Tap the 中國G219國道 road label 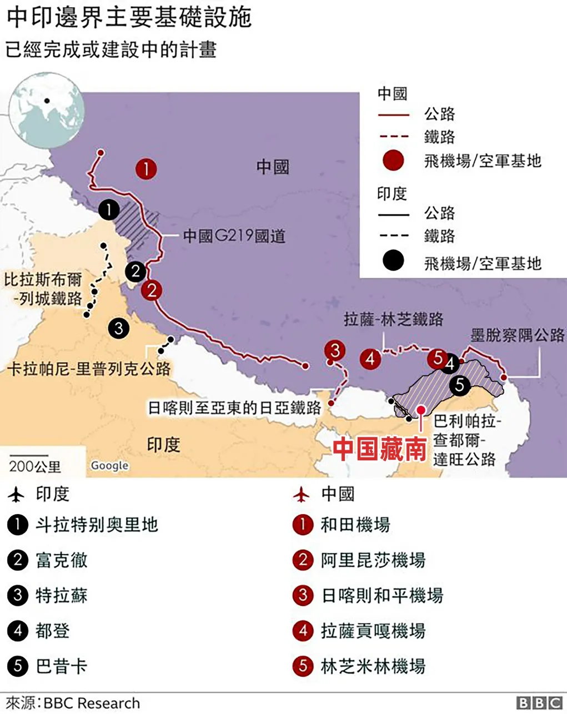pyautogui.click(x=234, y=237)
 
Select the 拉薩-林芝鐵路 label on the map pyautogui.click(x=393, y=319)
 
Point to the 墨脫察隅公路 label pyautogui.click(x=517, y=335)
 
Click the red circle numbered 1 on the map pyautogui.click(x=146, y=168)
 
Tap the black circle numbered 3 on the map pyautogui.click(x=118, y=328)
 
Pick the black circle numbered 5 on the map pyautogui.click(x=460, y=385)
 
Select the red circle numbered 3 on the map pyautogui.click(x=335, y=350)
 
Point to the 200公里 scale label pyautogui.click(x=35, y=466)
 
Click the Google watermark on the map pyautogui.click(x=109, y=465)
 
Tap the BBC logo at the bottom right pyautogui.click(x=539, y=702)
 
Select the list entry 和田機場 pyautogui.click(x=355, y=525)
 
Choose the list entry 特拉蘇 pyautogui.click(x=62, y=596)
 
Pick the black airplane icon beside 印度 pyautogui.click(x=17, y=494)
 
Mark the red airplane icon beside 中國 pyautogui.click(x=302, y=494)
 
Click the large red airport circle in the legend pyautogui.click(x=393, y=161)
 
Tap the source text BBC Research pyautogui.click(x=92, y=703)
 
